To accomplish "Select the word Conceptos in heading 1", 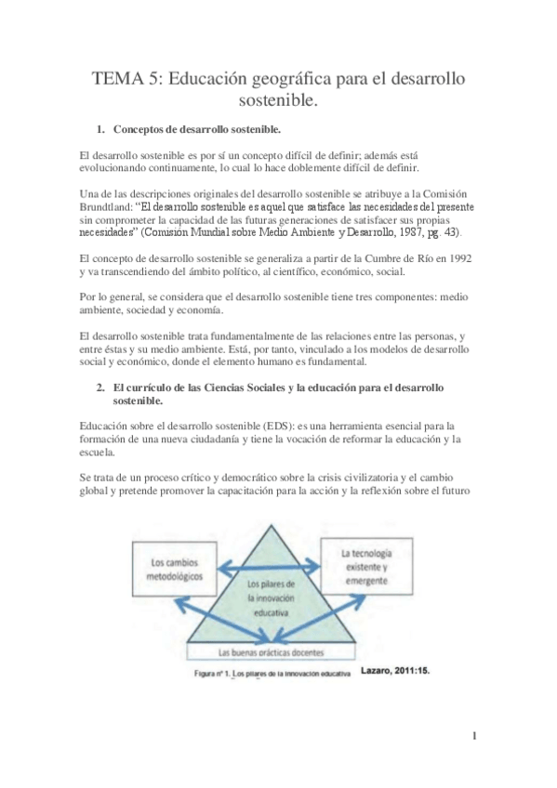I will click(145, 126).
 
